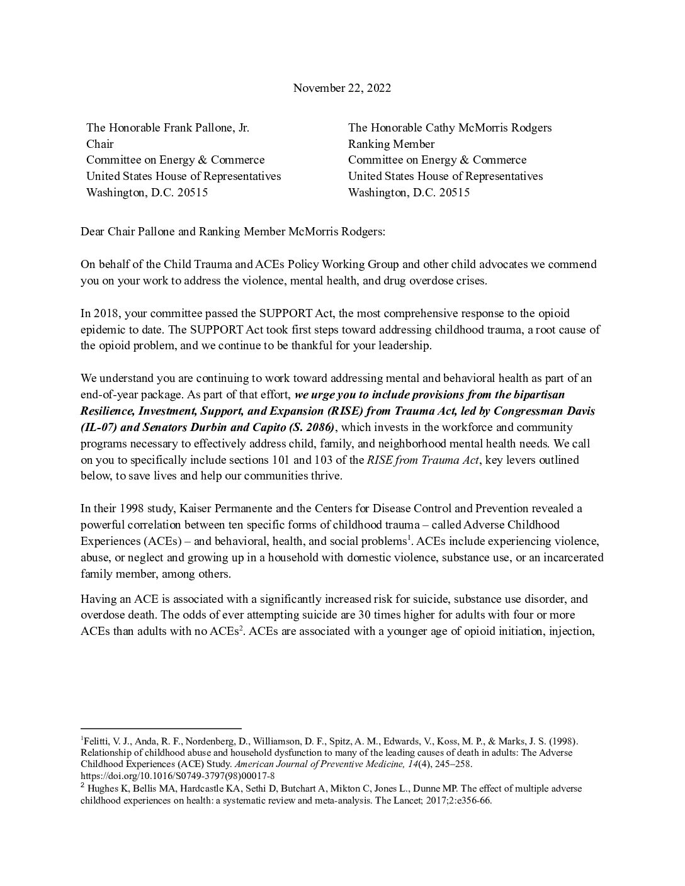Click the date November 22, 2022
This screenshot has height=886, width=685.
tap(342, 88)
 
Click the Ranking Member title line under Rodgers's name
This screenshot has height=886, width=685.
tap(391, 144)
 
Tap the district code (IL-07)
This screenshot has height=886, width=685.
tap(98, 427)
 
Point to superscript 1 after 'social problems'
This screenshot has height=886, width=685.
tap(409, 538)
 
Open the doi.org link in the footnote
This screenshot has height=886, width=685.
tap(178, 776)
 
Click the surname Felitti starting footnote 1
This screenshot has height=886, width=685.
tap(96, 741)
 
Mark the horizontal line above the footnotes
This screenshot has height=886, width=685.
tap(161, 728)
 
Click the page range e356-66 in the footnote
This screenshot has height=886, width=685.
tap(471, 802)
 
